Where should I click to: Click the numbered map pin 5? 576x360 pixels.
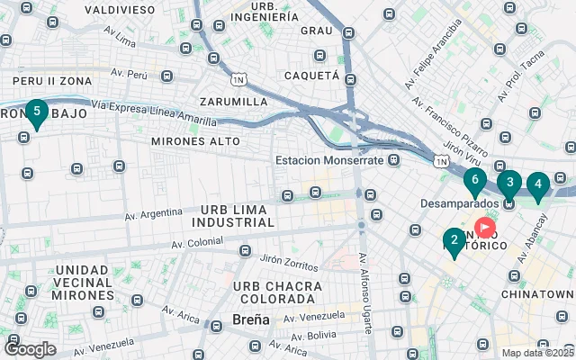36,113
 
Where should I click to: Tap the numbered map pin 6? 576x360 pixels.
474,180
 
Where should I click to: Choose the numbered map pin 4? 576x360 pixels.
537,186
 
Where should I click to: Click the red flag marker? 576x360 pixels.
486,228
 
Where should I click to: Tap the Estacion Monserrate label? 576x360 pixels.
330,160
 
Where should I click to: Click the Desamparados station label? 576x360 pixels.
460,203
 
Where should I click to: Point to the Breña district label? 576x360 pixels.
250,319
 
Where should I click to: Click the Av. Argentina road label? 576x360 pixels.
154,214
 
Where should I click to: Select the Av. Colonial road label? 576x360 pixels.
193,241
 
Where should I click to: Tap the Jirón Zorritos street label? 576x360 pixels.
289,262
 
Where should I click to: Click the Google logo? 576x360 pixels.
30,348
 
